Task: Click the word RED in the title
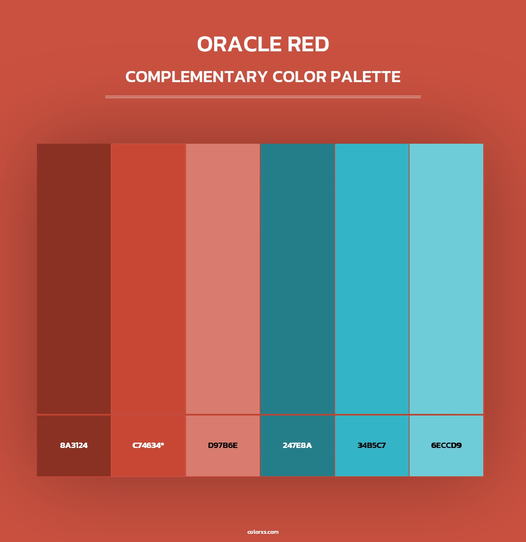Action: coord(308,44)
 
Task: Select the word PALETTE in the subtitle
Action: coord(365,77)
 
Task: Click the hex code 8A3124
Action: coord(74,446)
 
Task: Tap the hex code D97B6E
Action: coord(223,446)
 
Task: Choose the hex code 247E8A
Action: coord(297,446)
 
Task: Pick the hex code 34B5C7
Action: coord(371,446)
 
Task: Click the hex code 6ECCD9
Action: coord(446,446)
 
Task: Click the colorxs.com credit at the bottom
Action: coord(263,532)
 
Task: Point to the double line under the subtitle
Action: coord(263,97)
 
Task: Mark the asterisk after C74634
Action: coord(162,444)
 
